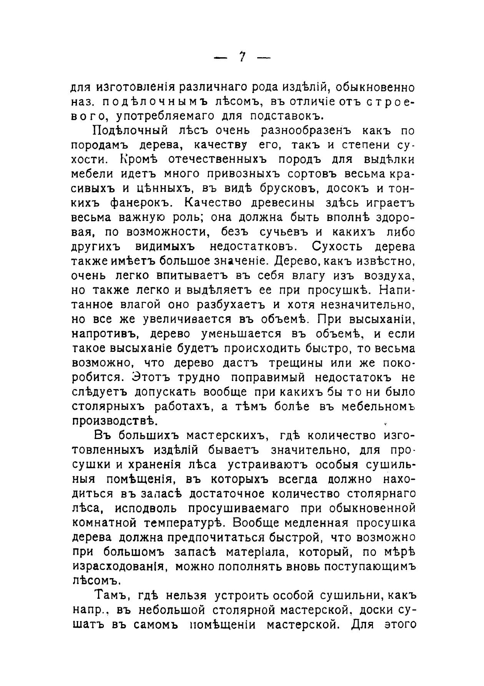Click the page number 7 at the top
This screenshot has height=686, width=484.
click(242, 58)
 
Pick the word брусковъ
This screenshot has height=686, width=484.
click(297, 189)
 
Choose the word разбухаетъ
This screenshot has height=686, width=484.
click(231, 305)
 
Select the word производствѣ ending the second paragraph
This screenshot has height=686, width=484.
click(114, 421)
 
